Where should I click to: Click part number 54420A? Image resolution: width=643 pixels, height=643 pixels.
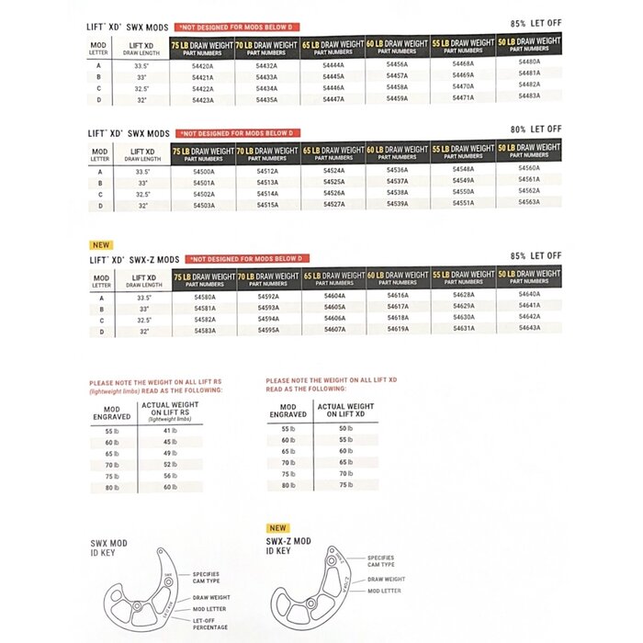point(203,66)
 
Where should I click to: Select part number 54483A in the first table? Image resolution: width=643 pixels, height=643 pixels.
point(529,96)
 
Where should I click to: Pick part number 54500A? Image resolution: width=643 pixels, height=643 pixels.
point(203,172)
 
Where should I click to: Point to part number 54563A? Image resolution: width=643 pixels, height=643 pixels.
point(529,201)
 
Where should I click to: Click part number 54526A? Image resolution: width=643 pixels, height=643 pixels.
point(333,193)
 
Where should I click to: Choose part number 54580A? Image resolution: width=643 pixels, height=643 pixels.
point(203,298)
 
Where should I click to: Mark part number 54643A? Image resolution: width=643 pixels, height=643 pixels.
point(529,327)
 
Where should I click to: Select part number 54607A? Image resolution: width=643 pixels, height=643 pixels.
point(333,329)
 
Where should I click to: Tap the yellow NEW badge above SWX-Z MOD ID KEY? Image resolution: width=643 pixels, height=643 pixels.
point(277,528)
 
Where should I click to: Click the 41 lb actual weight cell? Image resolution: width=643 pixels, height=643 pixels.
point(168,431)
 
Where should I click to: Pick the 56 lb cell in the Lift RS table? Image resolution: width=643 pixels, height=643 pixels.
point(168,475)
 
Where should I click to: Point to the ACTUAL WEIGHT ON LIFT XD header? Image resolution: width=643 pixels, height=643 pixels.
point(345,411)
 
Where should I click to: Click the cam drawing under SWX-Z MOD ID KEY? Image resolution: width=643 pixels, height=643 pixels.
point(311,588)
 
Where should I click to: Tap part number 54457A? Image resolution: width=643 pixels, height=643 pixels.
point(398,76)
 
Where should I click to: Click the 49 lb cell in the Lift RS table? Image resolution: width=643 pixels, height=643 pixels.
point(168,453)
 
